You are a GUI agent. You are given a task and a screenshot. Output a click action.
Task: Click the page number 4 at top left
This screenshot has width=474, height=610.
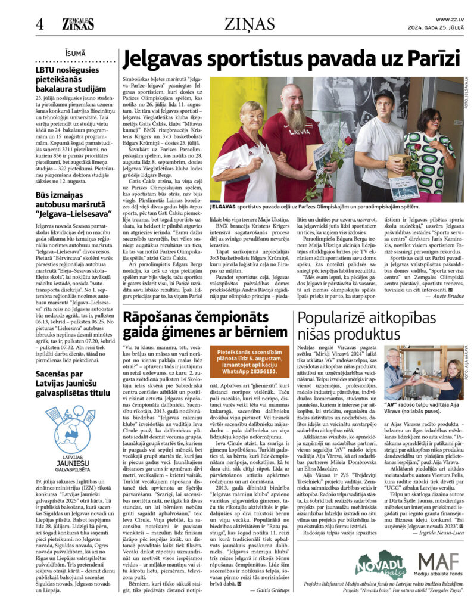tap(40, 24)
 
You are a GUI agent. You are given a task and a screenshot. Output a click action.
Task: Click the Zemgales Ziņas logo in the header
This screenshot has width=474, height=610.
tap(78, 24)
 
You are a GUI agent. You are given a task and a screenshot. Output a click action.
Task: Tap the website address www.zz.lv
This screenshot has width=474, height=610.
tap(450, 20)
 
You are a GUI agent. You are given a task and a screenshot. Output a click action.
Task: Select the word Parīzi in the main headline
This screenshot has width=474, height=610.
tap(426, 60)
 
